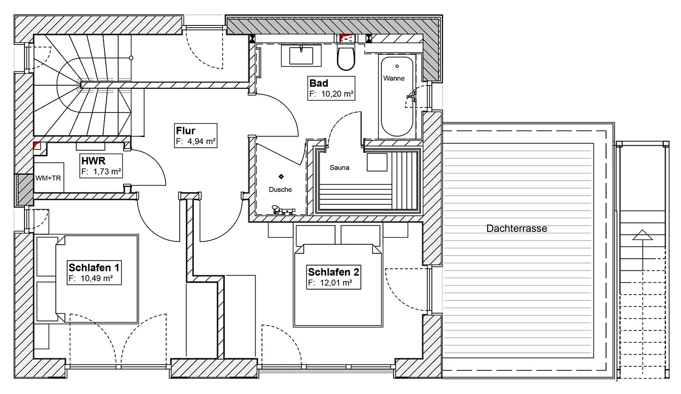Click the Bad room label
[x=319, y=83]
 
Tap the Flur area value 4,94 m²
[x=202, y=141]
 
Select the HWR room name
[x=94, y=161]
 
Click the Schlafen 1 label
[x=94, y=267]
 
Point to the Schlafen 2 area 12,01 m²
[x=336, y=283]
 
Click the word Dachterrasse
[x=517, y=228]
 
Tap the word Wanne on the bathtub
[x=394, y=78]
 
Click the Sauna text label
[x=339, y=167]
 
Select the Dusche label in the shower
[x=280, y=189]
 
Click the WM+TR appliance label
[x=48, y=178]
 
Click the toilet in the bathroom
[x=346, y=58]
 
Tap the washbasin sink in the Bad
[x=301, y=55]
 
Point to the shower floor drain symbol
[x=281, y=176]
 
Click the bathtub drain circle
[x=397, y=66]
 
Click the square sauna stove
[x=377, y=162]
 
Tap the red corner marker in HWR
[x=37, y=145]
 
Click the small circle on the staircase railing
[x=131, y=58]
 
